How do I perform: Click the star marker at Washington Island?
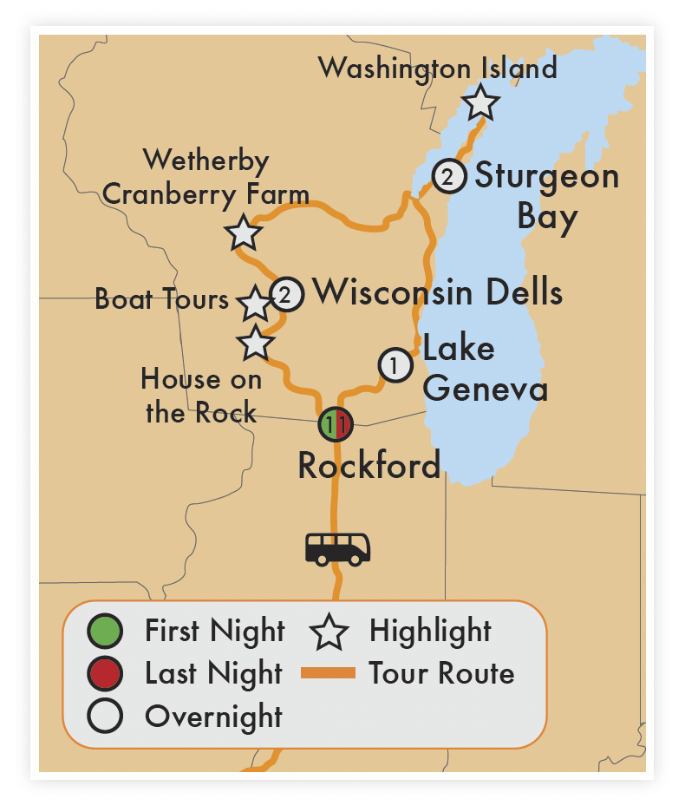(480, 103)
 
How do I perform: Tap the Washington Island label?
(437, 68)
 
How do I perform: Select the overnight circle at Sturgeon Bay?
(447, 177)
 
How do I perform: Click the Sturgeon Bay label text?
(547, 196)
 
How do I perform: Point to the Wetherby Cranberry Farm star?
(242, 232)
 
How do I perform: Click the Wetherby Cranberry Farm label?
(205, 177)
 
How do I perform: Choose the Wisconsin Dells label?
(438, 292)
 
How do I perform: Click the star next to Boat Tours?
(255, 304)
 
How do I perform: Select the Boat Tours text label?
(161, 299)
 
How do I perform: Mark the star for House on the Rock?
(255, 344)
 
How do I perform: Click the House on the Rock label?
(200, 395)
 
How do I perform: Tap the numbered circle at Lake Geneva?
(395, 365)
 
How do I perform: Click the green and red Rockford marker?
(336, 424)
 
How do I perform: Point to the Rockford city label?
(369, 465)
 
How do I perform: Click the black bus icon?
(337, 548)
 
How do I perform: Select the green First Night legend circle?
(106, 631)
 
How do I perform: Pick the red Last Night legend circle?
(106, 673)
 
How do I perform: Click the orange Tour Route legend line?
(327, 673)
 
